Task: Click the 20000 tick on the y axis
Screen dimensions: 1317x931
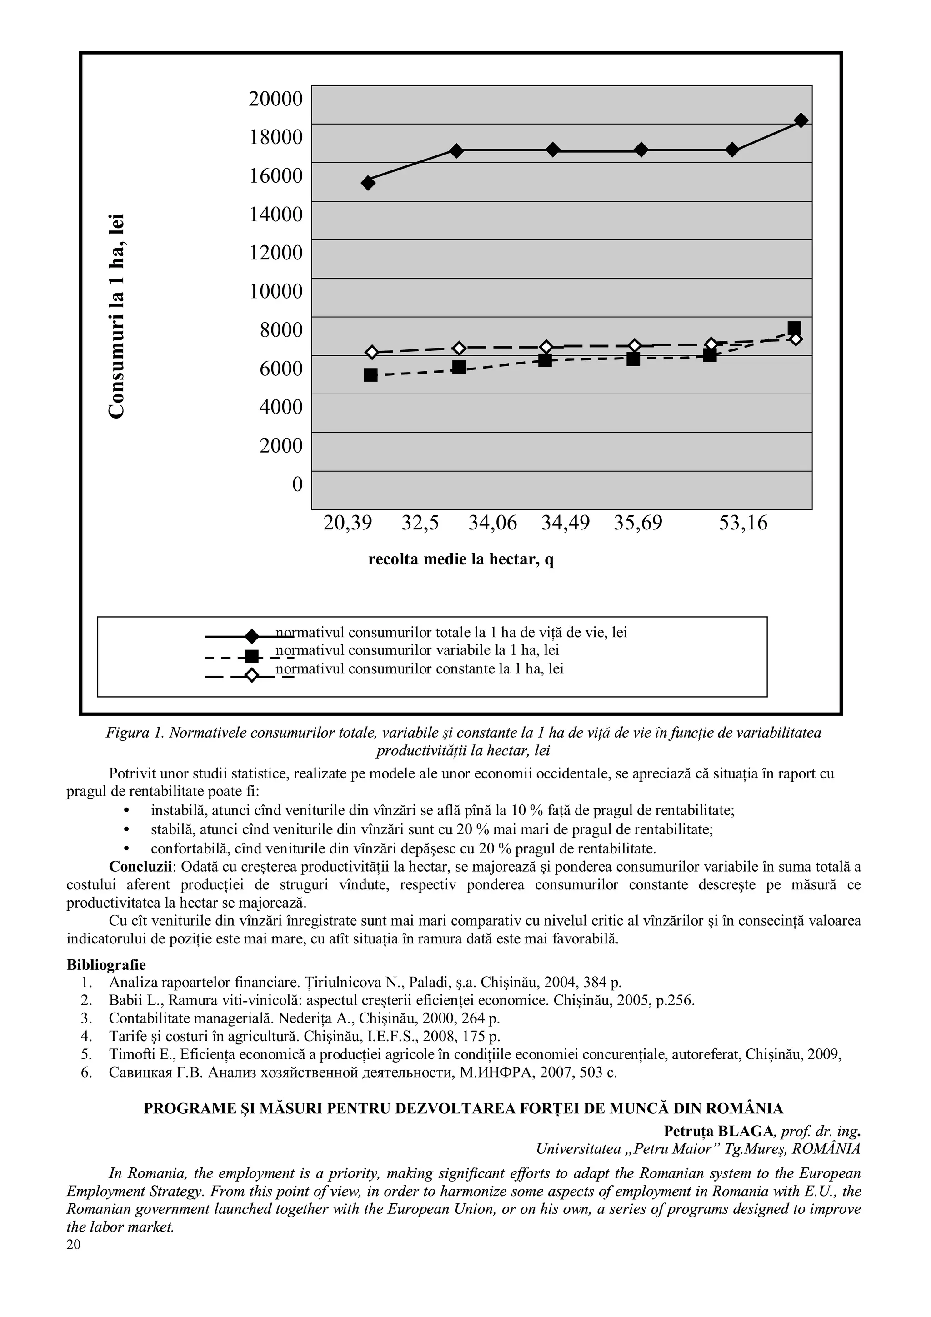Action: [x=275, y=99]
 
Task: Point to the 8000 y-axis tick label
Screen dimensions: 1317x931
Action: [x=280, y=330]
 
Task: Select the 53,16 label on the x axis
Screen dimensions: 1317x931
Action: [x=743, y=523]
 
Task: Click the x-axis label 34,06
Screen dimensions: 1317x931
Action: [x=492, y=523]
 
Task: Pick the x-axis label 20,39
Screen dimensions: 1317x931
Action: [x=348, y=523]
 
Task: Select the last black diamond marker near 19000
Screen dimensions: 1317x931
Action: [x=801, y=120]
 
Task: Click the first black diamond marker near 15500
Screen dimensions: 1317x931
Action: [x=368, y=183]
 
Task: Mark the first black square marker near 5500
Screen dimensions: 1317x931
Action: [x=371, y=375]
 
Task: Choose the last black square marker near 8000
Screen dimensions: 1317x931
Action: [x=795, y=328]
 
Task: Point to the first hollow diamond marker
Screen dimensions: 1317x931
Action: [x=372, y=352]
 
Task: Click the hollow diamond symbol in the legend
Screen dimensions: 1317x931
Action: [x=251, y=676]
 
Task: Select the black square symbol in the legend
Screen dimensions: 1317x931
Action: [x=251, y=656]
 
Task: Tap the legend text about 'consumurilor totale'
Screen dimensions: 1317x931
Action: [x=451, y=633]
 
